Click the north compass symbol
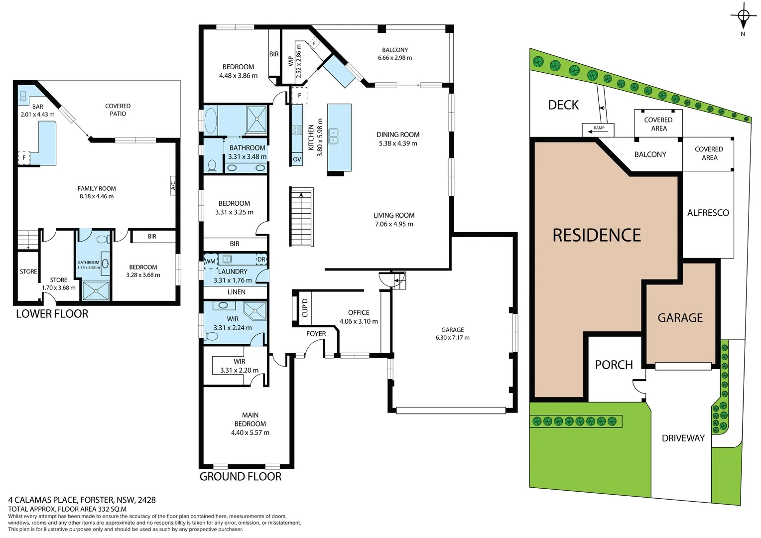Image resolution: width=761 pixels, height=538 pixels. [x=743, y=17]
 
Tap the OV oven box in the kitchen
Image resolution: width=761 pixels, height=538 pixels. [x=297, y=159]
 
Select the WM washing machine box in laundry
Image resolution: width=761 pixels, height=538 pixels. [x=210, y=261]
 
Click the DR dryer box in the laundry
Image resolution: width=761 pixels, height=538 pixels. [x=261, y=260]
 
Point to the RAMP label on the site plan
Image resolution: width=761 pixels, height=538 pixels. [x=598, y=129]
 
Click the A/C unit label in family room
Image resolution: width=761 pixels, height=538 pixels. [x=173, y=185]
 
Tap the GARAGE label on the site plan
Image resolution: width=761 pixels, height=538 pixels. [x=680, y=318]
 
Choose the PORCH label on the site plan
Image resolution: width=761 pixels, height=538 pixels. [x=614, y=365]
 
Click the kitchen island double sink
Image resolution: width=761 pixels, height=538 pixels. [x=334, y=136]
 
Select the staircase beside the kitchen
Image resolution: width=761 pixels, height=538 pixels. [x=301, y=217]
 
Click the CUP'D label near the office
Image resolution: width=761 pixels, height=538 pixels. [x=305, y=308]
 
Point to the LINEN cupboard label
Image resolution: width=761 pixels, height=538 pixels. [x=236, y=292]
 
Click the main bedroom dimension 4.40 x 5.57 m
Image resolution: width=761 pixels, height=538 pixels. [x=250, y=432]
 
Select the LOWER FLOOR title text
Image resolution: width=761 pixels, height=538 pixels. [x=52, y=314]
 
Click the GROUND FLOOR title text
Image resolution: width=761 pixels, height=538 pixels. [x=240, y=477]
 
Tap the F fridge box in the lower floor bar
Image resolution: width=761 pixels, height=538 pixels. [x=23, y=158]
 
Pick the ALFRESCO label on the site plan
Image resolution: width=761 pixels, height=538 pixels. [x=708, y=213]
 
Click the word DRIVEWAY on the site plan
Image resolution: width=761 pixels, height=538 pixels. [x=683, y=438]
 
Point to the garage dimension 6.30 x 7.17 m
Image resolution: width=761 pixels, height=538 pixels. [x=452, y=338]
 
